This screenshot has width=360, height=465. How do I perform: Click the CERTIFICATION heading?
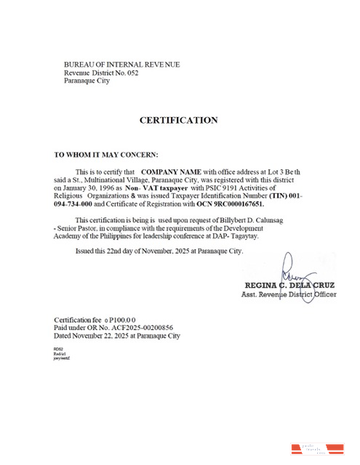click(x=179, y=120)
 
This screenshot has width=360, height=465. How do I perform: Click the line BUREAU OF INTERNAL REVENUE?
click(x=122, y=65)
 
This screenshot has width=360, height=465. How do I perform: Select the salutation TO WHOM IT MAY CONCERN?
click(x=106, y=154)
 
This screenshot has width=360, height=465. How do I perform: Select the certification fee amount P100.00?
click(x=121, y=320)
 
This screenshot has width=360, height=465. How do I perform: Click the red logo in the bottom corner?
click(x=316, y=449)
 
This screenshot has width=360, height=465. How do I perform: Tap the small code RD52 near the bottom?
click(x=59, y=349)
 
